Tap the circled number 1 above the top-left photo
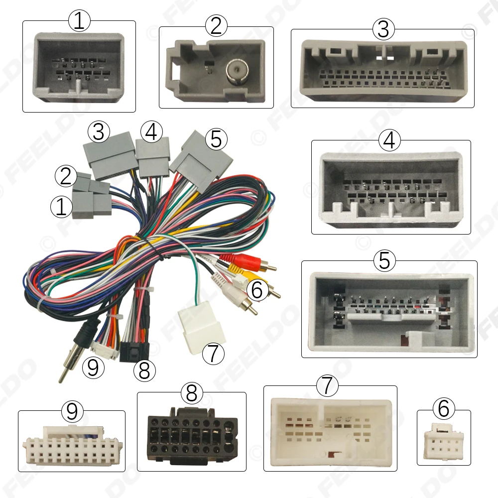[79, 21]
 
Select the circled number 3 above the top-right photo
[383, 29]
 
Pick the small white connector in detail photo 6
[443, 441]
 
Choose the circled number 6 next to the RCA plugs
[257, 290]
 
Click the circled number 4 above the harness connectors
[151, 132]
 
